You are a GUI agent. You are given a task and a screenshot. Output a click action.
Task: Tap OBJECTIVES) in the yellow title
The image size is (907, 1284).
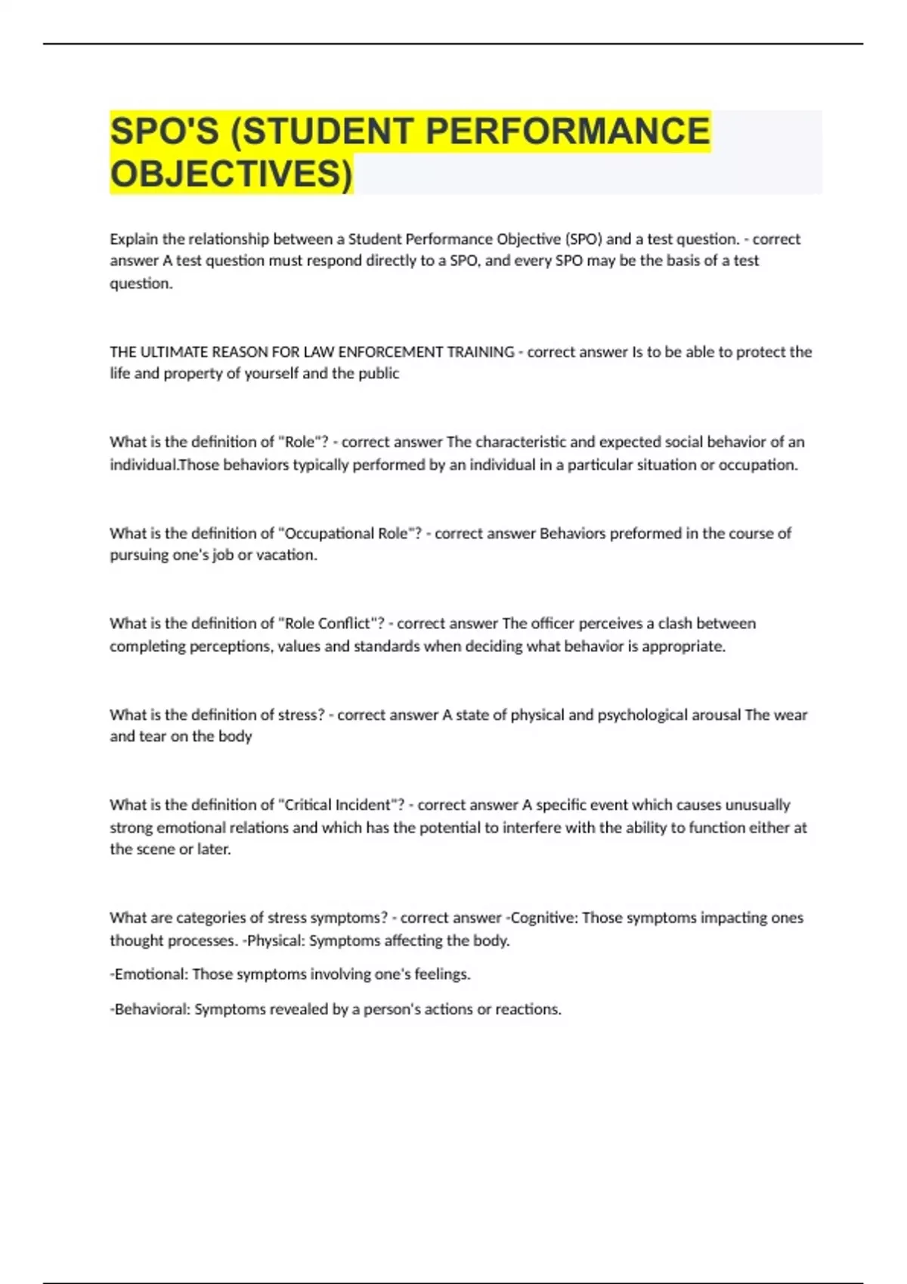[231, 174]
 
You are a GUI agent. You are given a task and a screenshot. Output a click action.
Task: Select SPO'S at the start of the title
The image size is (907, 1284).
[165, 131]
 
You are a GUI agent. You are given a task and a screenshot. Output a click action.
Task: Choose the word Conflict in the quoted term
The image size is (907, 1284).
[348, 624]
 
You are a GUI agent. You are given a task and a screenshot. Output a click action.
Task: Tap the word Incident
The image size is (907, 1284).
[365, 805]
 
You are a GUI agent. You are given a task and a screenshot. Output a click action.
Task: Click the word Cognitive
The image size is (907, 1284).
[542, 918]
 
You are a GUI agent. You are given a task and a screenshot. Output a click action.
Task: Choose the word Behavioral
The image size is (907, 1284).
[150, 1010]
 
